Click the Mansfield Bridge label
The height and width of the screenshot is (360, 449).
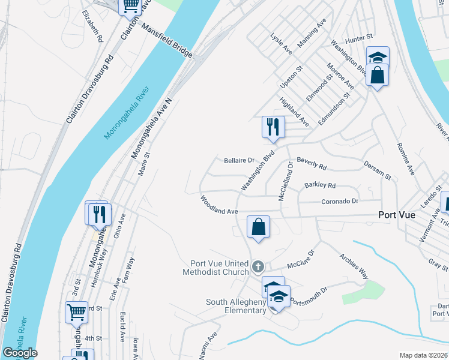click(167, 41)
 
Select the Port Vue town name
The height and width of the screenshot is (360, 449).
click(397, 215)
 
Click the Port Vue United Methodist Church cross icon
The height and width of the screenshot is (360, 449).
click(258, 266)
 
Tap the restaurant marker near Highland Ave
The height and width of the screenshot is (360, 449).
click(273, 127)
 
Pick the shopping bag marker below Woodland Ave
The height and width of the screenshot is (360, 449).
click(258, 227)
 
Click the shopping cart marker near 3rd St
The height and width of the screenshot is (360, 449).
click(76, 311)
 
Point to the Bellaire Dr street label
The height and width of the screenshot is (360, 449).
click(240, 160)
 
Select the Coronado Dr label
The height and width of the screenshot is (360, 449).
click(339, 201)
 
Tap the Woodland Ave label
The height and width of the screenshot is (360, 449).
click(219, 204)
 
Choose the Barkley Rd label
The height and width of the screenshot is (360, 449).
click(320, 185)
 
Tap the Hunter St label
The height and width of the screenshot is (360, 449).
click(360, 38)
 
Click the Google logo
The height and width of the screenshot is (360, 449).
click(19, 353)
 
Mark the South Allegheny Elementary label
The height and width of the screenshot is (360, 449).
click(236, 306)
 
